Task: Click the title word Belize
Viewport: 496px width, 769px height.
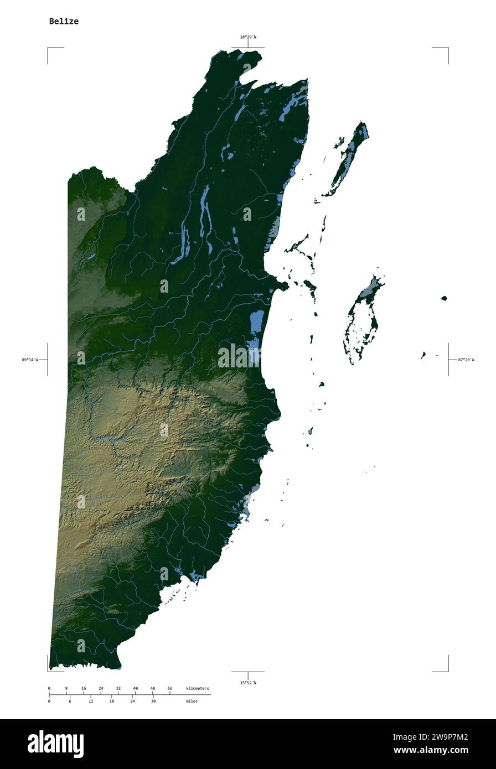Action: pyautogui.click(x=64, y=22)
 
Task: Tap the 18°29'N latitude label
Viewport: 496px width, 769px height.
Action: pyautogui.click(x=248, y=37)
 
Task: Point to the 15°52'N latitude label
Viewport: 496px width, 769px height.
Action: pyautogui.click(x=248, y=683)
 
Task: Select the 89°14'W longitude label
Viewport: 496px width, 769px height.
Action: pyautogui.click(x=30, y=360)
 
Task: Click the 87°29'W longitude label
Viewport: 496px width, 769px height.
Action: pyautogui.click(x=466, y=360)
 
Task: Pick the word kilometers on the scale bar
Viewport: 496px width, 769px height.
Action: pyautogui.click(x=198, y=688)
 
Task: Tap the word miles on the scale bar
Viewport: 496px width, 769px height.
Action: pyautogui.click(x=192, y=701)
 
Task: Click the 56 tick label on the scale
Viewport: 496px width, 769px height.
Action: pyautogui.click(x=170, y=688)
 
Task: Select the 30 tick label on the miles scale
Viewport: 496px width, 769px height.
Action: pyautogui.click(x=153, y=701)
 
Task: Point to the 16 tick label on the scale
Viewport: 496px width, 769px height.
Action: pyautogui.click(x=84, y=688)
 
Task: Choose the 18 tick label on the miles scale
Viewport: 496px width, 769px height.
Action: pyautogui.click(x=111, y=701)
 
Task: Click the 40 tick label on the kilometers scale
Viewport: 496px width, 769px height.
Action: pyautogui.click(x=135, y=688)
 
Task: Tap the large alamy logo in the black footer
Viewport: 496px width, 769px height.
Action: pyautogui.click(x=55, y=744)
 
